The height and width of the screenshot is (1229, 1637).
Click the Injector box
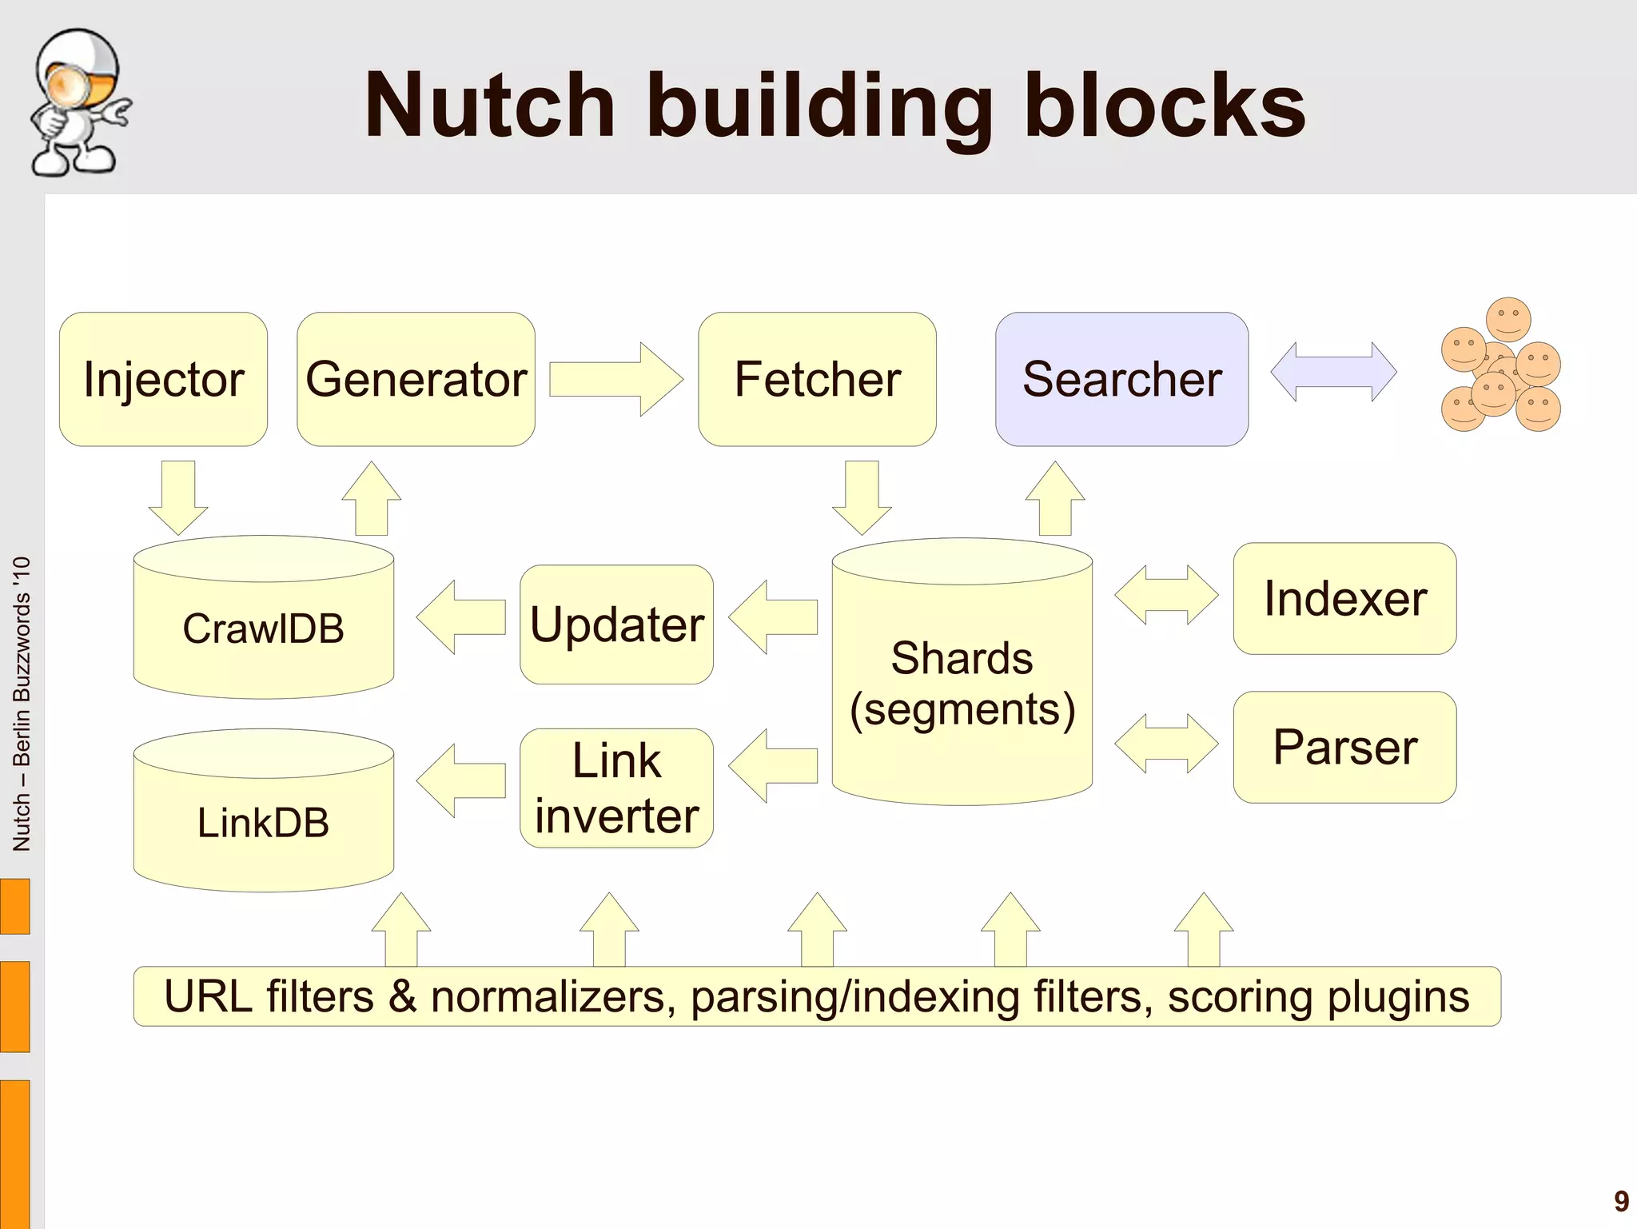tap(163, 379)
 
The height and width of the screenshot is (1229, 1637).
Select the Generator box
tap(416, 379)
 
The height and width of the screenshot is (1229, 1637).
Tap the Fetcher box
tap(817, 379)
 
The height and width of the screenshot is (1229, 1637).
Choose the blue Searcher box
tap(1121, 379)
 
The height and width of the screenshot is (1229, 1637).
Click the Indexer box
tap(1344, 599)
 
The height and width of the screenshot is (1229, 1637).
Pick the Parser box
tap(1344, 747)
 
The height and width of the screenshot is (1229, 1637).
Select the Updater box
tap(616, 624)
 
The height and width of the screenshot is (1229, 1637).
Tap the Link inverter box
tap(616, 788)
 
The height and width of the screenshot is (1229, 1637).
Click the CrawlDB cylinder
tap(263, 628)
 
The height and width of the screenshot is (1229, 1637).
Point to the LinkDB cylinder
tap(263, 821)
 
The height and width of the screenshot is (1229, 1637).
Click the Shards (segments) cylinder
tap(962, 684)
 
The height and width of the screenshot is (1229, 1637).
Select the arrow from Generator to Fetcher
tap(616, 380)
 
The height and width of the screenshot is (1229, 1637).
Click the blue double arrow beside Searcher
tap(1333, 372)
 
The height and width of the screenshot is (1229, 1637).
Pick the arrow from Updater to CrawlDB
tap(460, 617)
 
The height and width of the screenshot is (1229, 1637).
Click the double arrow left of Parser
tap(1166, 744)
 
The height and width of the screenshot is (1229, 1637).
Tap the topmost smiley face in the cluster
tap(1508, 320)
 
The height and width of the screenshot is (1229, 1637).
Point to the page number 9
tap(1621, 1201)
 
